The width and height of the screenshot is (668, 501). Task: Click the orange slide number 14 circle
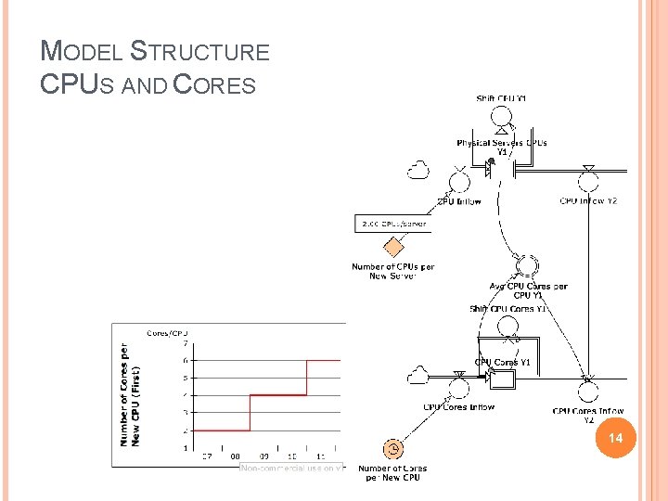click(x=611, y=437)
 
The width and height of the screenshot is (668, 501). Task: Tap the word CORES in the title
click(x=214, y=84)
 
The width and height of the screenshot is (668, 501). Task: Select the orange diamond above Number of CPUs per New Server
click(x=394, y=247)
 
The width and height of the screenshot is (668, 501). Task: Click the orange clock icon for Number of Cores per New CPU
click(x=394, y=449)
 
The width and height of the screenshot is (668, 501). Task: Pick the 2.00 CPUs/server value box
click(x=393, y=224)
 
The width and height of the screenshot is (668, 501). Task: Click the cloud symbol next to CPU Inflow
click(x=418, y=170)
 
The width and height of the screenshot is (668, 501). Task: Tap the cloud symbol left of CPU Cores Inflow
click(x=418, y=375)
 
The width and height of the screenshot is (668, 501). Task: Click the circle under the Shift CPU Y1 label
click(x=502, y=116)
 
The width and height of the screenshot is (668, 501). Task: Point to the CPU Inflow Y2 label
click(x=588, y=200)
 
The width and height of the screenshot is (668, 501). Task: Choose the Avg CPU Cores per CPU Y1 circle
click(x=528, y=264)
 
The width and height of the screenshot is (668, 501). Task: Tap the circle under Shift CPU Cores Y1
click(x=507, y=326)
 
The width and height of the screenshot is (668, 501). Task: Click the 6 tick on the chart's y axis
click(x=185, y=360)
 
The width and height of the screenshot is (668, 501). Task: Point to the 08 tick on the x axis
click(x=235, y=456)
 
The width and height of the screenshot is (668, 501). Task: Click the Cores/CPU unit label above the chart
click(x=167, y=332)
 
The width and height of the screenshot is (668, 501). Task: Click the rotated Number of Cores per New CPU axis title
click(x=130, y=394)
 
